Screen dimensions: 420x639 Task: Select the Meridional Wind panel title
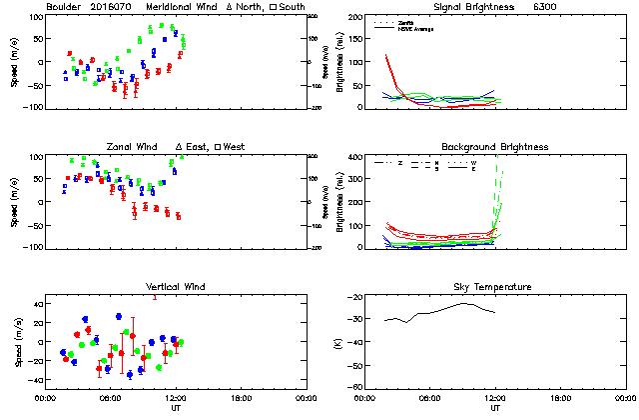[x=181, y=8]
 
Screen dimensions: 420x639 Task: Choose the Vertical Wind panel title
[x=175, y=287]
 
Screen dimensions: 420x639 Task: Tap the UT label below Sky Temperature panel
[x=496, y=408]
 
